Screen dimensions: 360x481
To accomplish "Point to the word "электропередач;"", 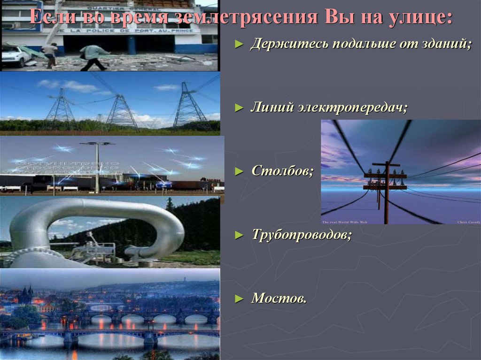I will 352,107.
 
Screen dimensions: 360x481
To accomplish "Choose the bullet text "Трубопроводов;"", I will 301,234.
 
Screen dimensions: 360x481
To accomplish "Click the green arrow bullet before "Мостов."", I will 239,298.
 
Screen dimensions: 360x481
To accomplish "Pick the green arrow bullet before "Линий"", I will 239,108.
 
